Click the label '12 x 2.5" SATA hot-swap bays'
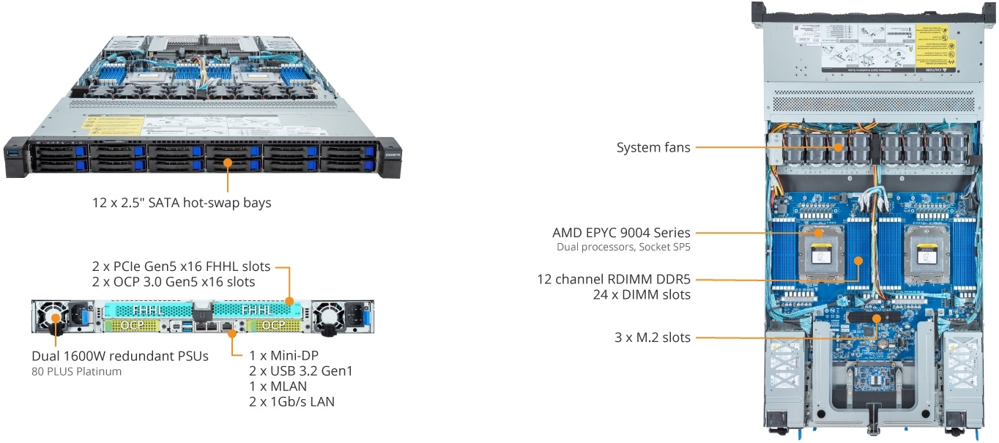(178, 203)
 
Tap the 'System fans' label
(653, 148)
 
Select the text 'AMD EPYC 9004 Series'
(621, 233)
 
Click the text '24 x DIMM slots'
(641, 294)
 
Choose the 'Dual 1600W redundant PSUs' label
(120, 356)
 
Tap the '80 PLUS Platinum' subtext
(76, 371)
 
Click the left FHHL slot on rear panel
(148, 310)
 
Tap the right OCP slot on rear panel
(273, 324)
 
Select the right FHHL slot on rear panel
(257, 310)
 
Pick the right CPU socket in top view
(926, 249)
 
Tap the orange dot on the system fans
(838, 148)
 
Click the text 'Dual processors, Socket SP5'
(623, 247)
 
